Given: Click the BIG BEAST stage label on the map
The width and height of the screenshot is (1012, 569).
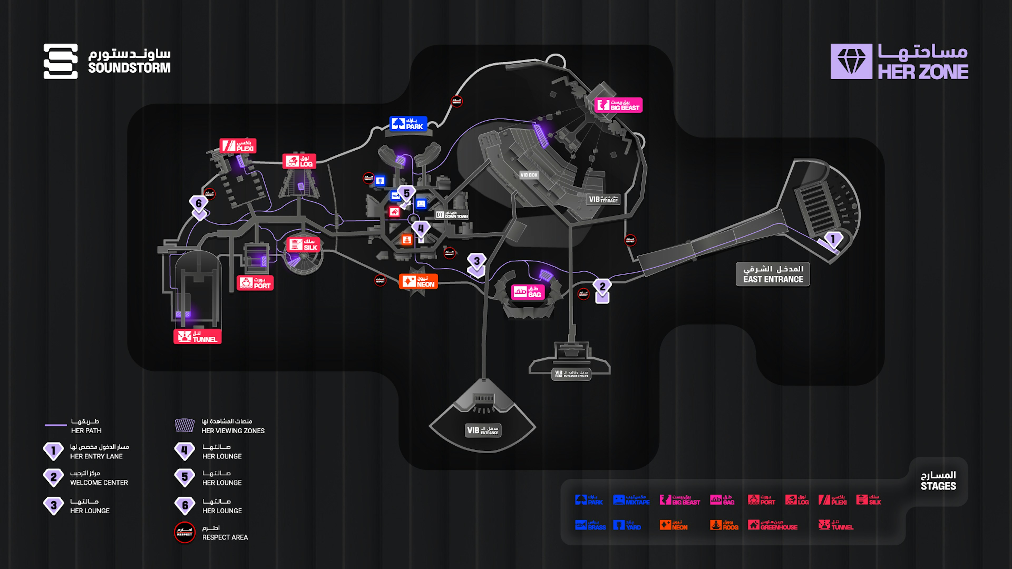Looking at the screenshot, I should click(618, 105).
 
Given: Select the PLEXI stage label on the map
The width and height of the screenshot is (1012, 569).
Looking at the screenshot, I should click(238, 146).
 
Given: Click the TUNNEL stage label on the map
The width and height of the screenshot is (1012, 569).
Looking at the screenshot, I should click(198, 337).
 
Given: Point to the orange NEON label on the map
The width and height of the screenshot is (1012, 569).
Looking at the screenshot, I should click(419, 281).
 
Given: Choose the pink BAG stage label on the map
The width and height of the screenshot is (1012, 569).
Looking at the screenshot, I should click(528, 292).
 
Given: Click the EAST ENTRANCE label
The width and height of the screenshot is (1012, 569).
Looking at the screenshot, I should click(773, 274).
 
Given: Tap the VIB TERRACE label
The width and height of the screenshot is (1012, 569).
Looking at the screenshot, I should click(604, 199).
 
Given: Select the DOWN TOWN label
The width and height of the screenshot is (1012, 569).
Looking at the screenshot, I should click(452, 215).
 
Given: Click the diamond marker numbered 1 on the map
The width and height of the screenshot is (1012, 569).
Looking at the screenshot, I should click(833, 239).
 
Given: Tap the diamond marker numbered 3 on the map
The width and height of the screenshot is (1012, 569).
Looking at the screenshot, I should click(476, 261).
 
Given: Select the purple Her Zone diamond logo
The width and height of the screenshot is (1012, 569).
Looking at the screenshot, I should click(851, 62).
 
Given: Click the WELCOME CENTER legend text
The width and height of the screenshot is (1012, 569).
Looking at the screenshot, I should click(99, 483).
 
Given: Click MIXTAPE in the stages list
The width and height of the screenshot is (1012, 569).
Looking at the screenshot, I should click(631, 500).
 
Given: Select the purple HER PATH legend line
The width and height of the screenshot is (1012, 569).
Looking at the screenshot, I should click(56, 425).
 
